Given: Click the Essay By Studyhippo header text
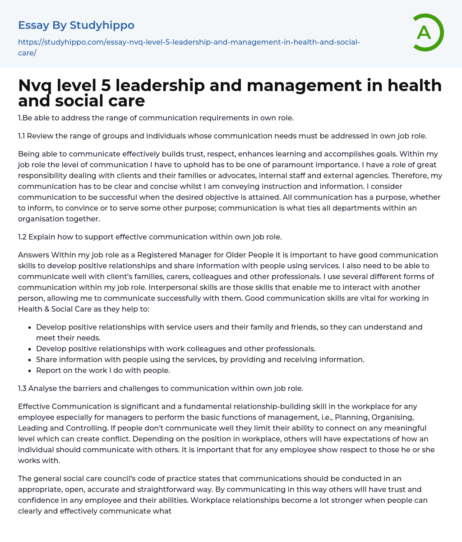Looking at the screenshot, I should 76,25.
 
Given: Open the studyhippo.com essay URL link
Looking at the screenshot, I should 189,42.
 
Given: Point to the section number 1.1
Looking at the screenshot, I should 22,136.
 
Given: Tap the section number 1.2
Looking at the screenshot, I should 23,237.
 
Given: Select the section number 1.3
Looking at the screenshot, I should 23,388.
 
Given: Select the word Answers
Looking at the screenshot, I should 34,255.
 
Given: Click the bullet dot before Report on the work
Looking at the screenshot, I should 30,371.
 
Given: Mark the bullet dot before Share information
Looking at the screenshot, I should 30,360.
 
